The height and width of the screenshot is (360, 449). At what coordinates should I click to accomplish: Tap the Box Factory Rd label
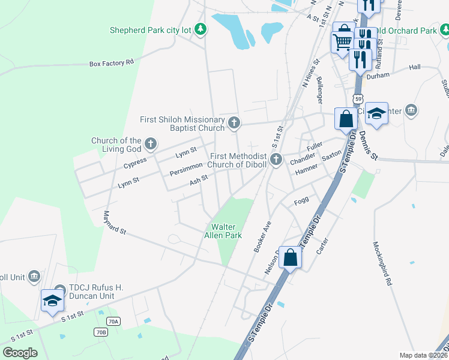[111, 62]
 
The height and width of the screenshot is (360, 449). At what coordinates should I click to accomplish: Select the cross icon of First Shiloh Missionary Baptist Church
[234, 124]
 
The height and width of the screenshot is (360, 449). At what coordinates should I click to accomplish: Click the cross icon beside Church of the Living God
[151, 144]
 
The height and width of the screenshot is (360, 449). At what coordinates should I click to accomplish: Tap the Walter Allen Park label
[226, 231]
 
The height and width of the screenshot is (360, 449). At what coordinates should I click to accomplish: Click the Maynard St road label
[114, 223]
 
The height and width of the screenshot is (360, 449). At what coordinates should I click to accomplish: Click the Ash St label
[199, 179]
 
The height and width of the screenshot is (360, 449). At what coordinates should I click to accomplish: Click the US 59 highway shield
[358, 98]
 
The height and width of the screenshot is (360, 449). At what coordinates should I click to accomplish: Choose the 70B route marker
[100, 332]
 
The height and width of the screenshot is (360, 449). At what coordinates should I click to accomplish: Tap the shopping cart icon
[342, 41]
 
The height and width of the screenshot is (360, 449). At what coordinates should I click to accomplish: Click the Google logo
[20, 353]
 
